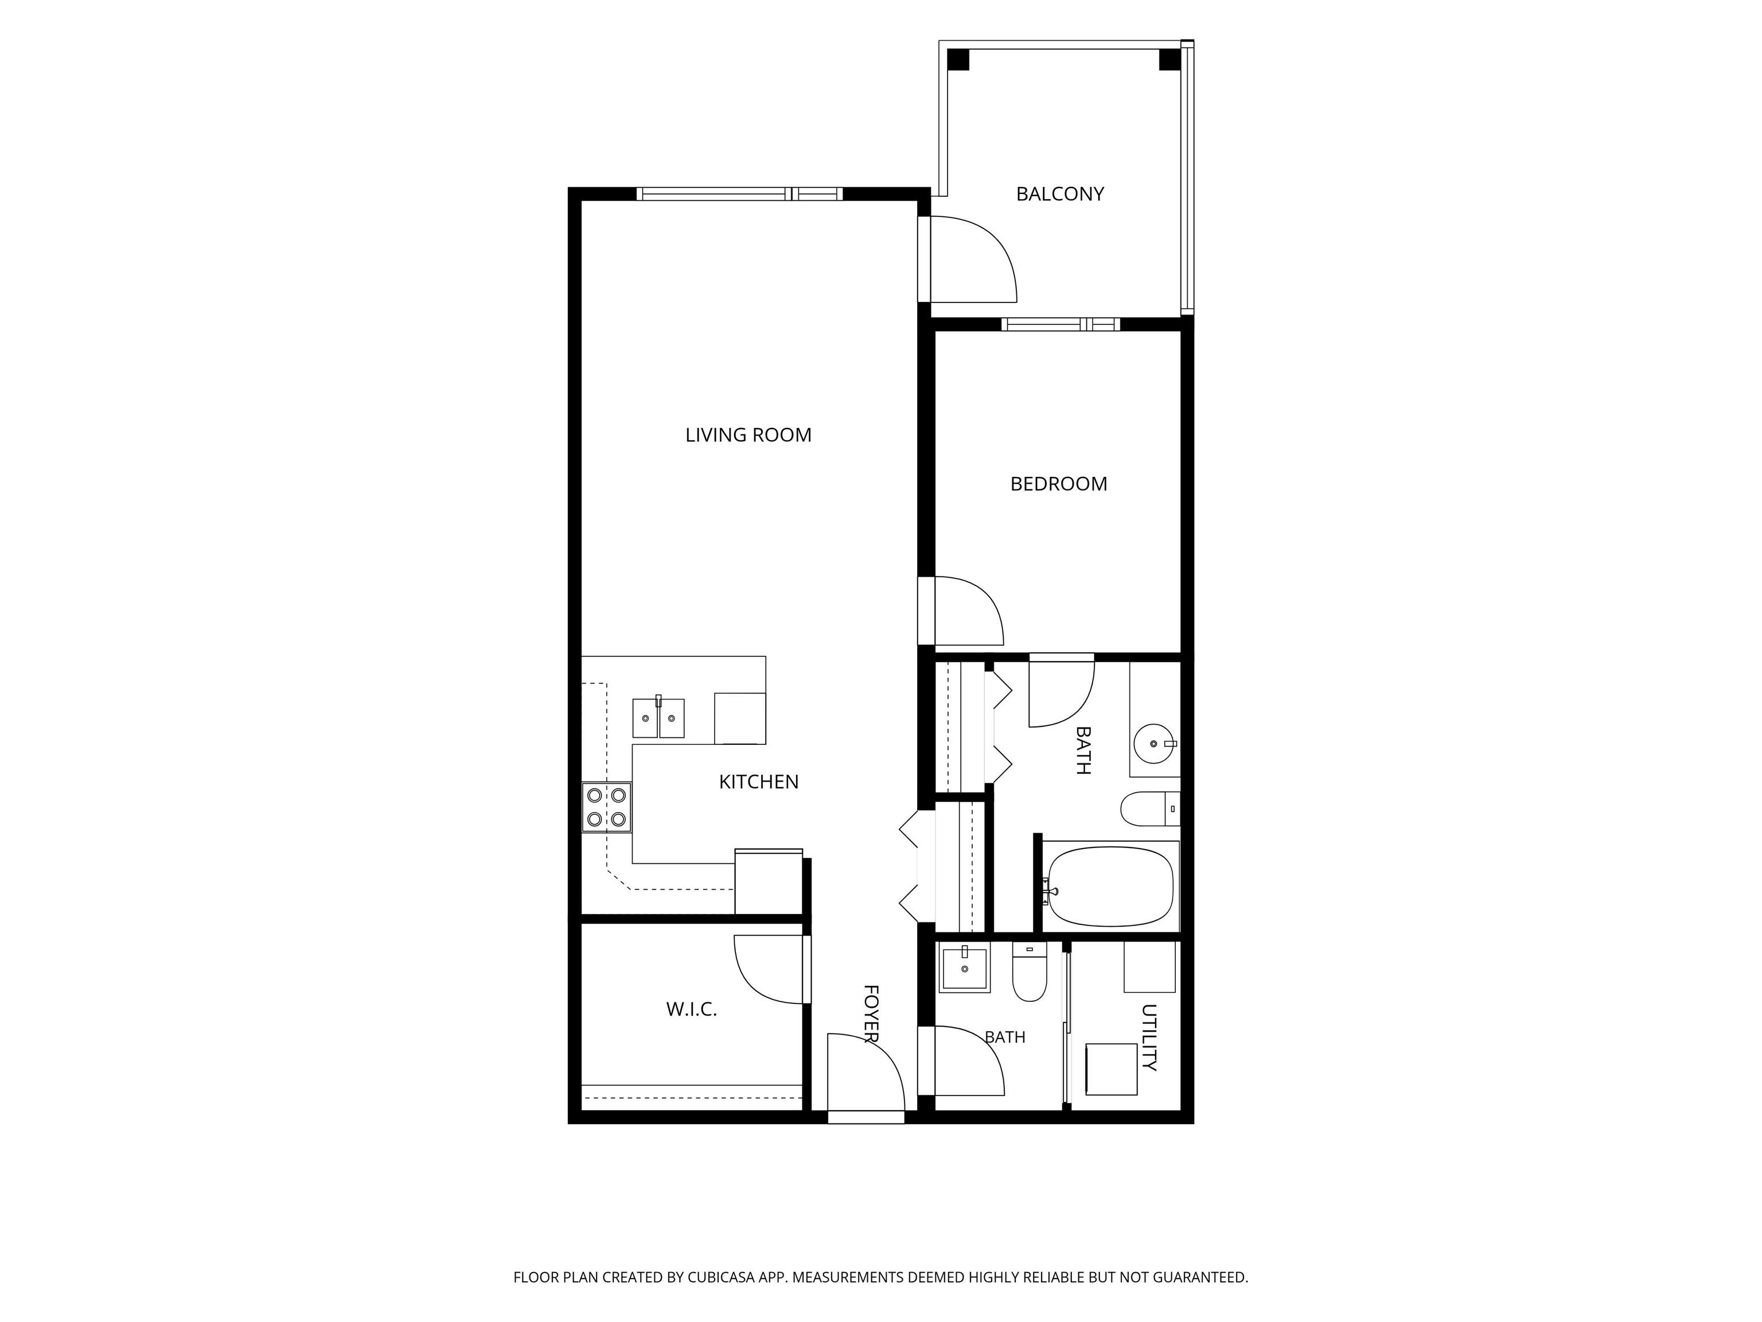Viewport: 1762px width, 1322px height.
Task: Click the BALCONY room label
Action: (x=1059, y=193)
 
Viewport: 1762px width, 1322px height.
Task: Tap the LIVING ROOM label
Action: (x=748, y=435)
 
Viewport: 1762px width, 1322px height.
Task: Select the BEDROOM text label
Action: (x=1059, y=484)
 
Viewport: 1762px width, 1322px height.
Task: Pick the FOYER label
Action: (x=871, y=1014)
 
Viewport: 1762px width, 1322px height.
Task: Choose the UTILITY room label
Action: (x=1149, y=1037)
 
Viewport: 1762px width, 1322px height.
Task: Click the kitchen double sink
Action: (x=658, y=717)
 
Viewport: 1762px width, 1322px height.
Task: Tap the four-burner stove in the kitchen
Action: (x=606, y=807)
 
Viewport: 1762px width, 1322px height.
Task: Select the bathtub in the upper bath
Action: (x=1110, y=885)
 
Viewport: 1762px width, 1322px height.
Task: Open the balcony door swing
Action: (x=973, y=260)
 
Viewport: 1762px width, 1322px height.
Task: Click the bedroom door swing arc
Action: (x=969, y=611)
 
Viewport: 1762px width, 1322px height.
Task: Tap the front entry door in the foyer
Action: (x=866, y=1072)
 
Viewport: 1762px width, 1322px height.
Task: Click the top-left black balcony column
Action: (x=957, y=60)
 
